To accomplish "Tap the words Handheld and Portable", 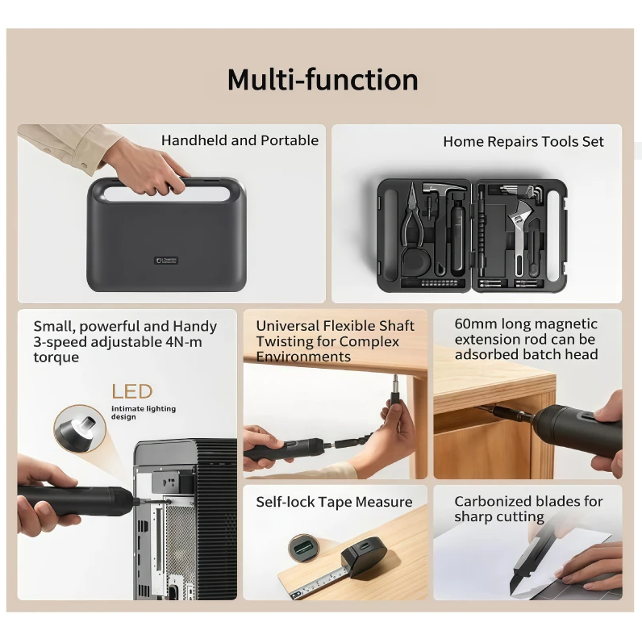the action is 240,140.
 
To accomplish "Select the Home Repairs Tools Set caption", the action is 523,142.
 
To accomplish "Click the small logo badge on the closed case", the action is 166,261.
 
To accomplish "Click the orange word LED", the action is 132,391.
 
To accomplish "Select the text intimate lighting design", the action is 144,412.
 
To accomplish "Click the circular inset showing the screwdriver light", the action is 80,428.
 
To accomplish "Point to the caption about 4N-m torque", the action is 125,341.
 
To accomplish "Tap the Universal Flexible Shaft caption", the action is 335,341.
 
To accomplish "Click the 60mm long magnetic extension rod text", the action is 526,339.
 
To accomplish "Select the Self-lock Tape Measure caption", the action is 334,502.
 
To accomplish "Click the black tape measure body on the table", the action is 364,556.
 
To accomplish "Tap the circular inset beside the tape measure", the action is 303,547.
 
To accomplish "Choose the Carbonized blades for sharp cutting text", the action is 528,509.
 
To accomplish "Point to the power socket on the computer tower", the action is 165,482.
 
